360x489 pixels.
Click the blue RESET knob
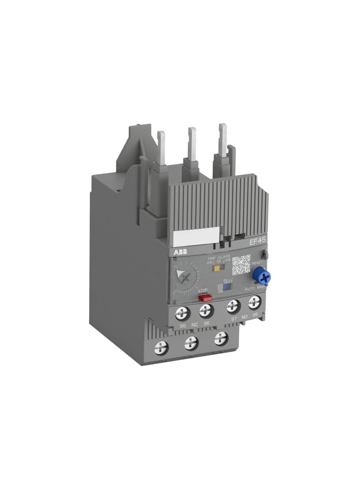pyautogui.click(x=262, y=276)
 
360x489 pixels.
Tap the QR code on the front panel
pyautogui.click(x=241, y=265)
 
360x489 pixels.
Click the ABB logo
pyautogui.click(x=180, y=253)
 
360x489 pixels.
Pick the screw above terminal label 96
pyautogui.click(x=206, y=311)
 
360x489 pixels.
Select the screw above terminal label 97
pyautogui.click(x=233, y=306)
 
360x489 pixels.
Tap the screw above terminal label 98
pyautogui.click(x=254, y=302)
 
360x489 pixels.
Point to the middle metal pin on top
pyautogui.click(x=192, y=142)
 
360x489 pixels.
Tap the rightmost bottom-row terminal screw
pyautogui.click(x=220, y=339)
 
